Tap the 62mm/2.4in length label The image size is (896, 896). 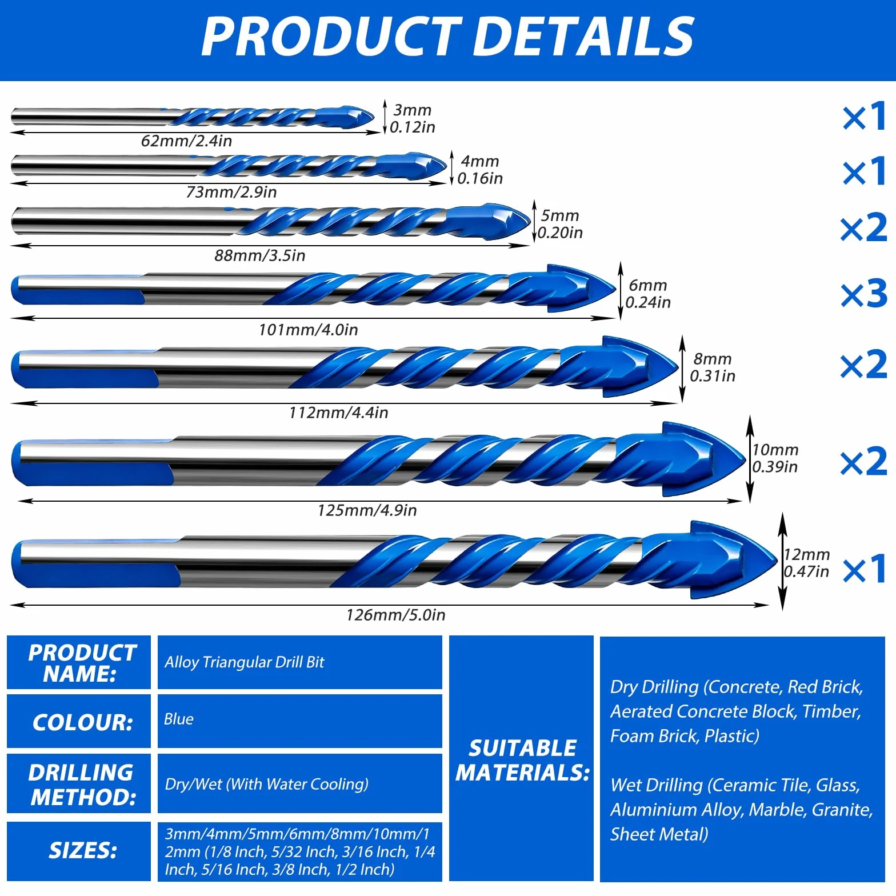[x=186, y=141]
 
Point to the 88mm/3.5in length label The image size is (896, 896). [x=259, y=255]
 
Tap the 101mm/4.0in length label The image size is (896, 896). [x=308, y=330]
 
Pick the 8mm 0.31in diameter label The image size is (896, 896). [x=712, y=367]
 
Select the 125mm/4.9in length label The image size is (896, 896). [x=367, y=510]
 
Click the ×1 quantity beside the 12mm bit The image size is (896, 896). [x=865, y=569]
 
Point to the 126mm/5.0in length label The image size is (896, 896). [x=395, y=615]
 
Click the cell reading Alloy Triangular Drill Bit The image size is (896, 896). [x=300, y=662]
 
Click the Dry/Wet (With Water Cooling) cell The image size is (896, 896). [x=300, y=783]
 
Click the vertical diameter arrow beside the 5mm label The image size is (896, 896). [x=534, y=221]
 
